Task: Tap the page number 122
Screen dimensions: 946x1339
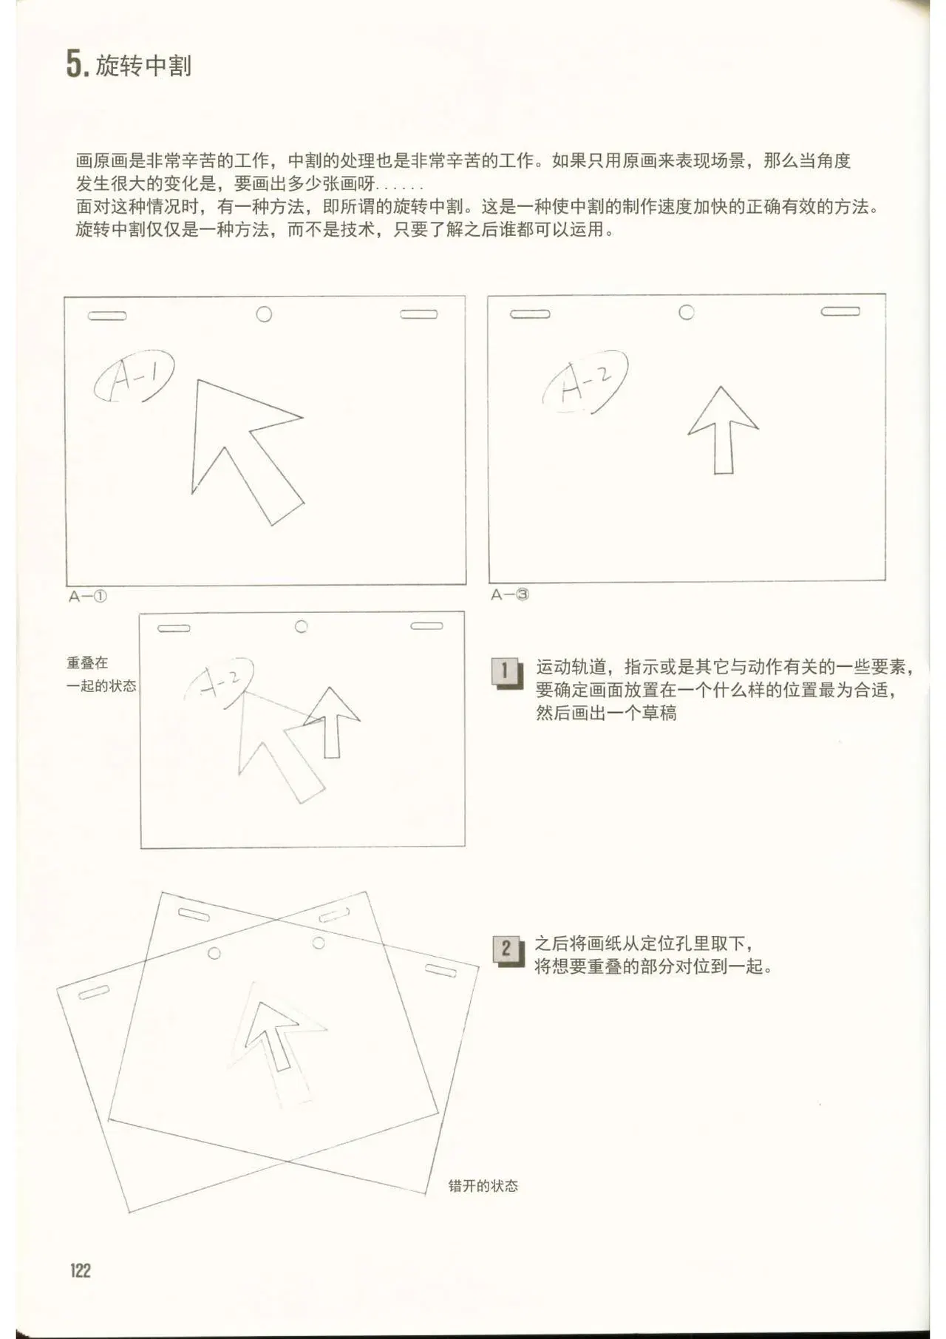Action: [x=81, y=1270]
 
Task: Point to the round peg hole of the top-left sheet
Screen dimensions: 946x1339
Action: [x=264, y=314]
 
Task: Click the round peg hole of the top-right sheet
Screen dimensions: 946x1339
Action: [x=687, y=312]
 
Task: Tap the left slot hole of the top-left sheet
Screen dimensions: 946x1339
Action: [x=107, y=316]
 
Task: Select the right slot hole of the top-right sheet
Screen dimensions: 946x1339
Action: [x=840, y=311]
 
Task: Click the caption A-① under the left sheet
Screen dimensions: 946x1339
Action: [x=88, y=596]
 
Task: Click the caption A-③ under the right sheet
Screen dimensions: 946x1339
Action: [x=510, y=594]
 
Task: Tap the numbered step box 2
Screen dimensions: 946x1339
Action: [x=508, y=950]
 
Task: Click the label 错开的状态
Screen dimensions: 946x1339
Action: [x=483, y=1186]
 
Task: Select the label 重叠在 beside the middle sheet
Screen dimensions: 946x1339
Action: [x=87, y=663]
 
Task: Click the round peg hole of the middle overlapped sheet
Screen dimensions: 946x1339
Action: [x=302, y=626]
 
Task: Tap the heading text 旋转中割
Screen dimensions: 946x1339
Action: [x=143, y=66]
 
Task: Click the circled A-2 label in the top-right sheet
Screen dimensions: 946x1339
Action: [x=585, y=380]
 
